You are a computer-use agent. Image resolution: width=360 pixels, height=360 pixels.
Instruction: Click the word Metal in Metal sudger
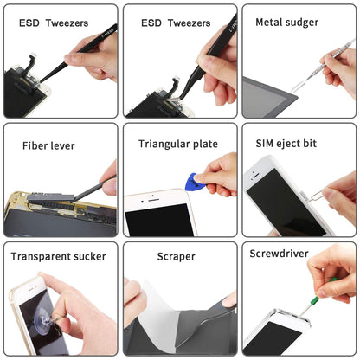click(x=267, y=22)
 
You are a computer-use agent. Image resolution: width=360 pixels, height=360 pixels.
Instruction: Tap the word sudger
click(x=301, y=22)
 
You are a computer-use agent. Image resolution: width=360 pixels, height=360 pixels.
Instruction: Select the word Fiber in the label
click(x=36, y=145)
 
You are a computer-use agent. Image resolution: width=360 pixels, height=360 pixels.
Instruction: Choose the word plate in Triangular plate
click(x=205, y=144)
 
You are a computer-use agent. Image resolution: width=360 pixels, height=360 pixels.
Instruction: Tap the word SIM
click(x=265, y=143)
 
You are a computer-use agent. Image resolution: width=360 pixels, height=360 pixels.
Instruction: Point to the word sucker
click(x=89, y=256)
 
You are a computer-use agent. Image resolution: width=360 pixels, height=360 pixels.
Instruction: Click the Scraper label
click(x=176, y=256)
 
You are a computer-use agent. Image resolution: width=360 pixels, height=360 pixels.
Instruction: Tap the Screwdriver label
click(x=278, y=254)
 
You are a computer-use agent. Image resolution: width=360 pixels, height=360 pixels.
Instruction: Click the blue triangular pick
click(x=192, y=182)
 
